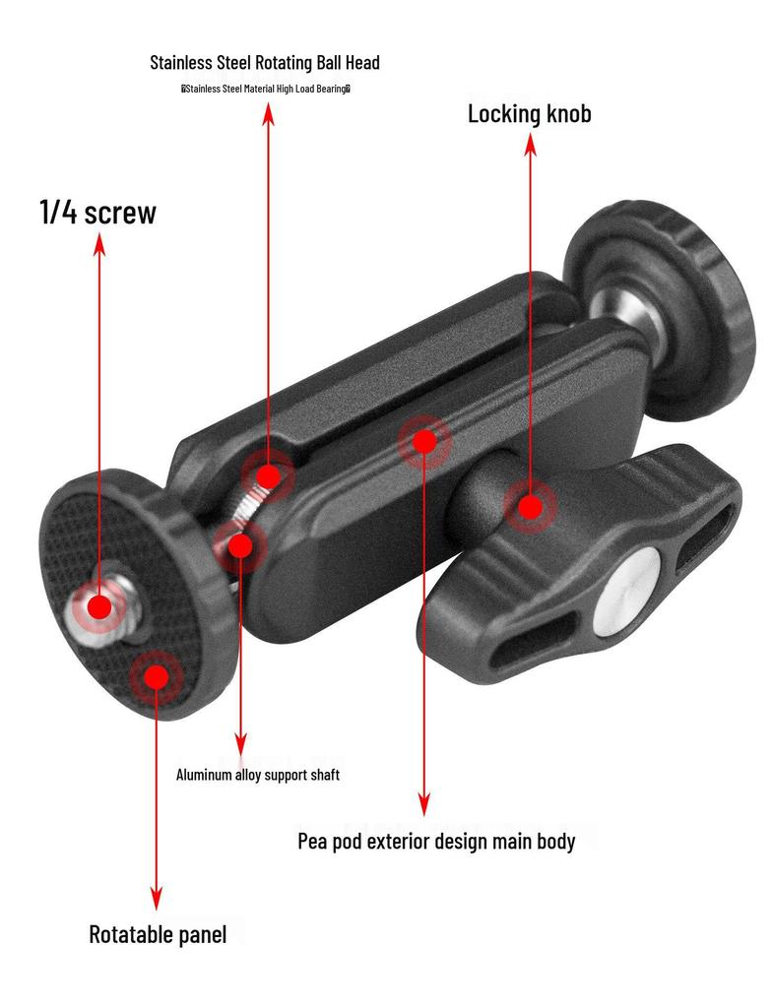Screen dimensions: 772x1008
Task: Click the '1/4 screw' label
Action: click(97, 213)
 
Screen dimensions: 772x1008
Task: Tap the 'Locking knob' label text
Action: click(530, 114)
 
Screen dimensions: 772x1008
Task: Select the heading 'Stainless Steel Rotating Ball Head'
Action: click(265, 62)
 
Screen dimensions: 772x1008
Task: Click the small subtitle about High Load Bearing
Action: click(266, 89)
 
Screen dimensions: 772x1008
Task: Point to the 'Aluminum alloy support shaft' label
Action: click(258, 775)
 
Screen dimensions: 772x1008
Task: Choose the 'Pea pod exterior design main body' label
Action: click(436, 841)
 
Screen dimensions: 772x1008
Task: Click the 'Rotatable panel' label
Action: click(158, 934)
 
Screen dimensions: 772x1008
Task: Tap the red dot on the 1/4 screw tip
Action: click(99, 606)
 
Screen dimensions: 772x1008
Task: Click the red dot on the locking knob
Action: click(530, 507)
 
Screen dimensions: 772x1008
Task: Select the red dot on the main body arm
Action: click(424, 441)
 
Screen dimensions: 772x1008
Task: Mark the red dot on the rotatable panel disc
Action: click(157, 677)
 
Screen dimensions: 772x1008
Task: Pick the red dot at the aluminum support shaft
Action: click(240, 545)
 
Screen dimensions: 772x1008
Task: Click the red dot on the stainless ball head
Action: click(268, 477)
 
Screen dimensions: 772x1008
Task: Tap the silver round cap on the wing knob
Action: click(626, 594)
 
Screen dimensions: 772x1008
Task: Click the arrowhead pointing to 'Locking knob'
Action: click(530, 146)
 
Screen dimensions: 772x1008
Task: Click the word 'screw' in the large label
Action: click(120, 213)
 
